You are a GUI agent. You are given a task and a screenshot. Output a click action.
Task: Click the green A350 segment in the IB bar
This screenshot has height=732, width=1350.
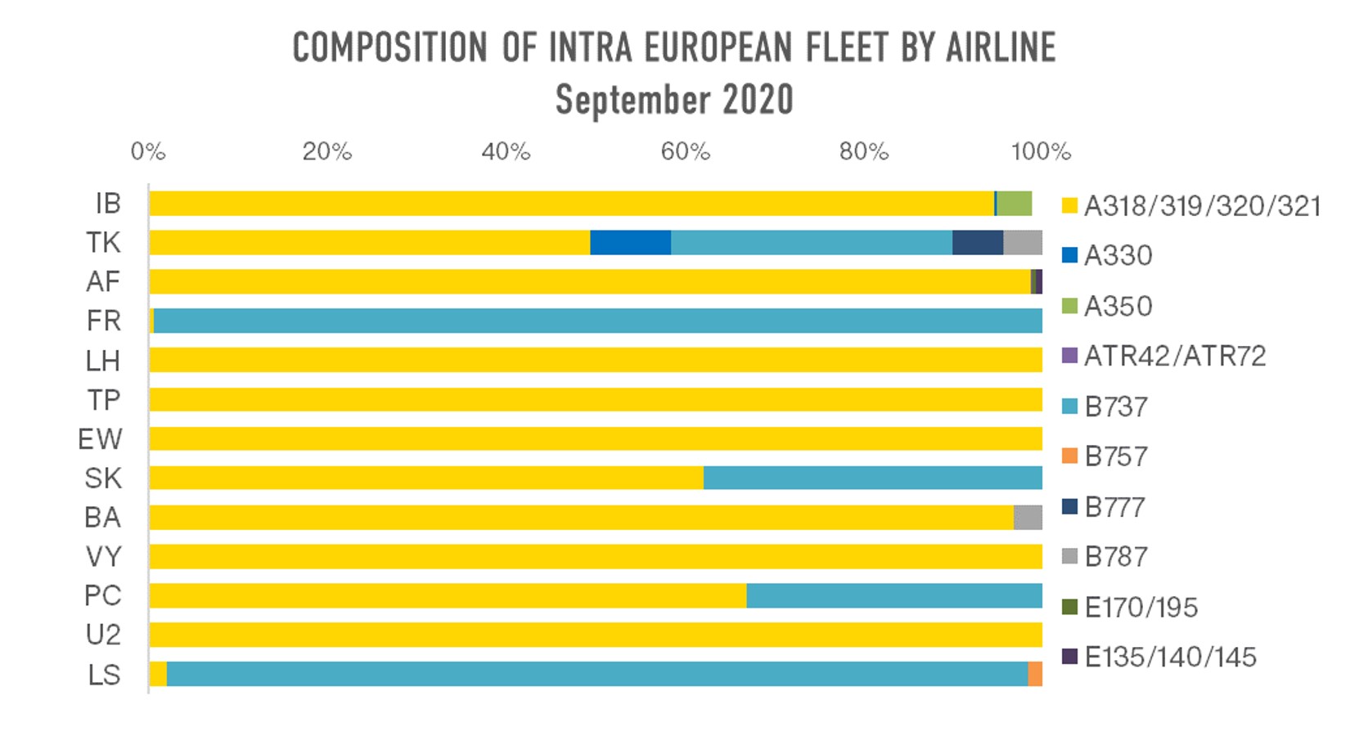pos(1015,204)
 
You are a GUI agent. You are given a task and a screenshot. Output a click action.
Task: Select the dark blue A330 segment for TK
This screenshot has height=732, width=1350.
pos(630,243)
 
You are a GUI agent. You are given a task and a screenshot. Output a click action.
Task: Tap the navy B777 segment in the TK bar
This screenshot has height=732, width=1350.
pos(978,243)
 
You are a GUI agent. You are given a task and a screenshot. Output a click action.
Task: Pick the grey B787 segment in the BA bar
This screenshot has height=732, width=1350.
pos(1028,518)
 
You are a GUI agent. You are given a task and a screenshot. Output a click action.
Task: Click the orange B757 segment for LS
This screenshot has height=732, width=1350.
pos(1035,675)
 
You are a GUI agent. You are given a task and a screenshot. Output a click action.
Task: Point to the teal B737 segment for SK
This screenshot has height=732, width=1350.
pos(872,478)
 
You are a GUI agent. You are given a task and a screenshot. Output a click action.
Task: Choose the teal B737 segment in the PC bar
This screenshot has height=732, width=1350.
pos(893,596)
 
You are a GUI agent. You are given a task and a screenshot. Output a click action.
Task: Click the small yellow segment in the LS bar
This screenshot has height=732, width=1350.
pos(158,675)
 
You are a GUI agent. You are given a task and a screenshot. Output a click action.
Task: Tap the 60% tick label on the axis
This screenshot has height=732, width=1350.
pos(685,152)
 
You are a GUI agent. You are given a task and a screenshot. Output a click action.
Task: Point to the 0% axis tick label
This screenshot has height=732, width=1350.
pos(148,152)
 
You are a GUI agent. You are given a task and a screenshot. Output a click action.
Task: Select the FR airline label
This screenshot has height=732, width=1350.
pos(104,321)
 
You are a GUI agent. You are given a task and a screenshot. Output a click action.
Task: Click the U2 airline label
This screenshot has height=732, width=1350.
pos(103,635)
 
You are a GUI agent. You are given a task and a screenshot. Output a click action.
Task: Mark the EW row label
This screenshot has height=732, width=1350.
pos(100,439)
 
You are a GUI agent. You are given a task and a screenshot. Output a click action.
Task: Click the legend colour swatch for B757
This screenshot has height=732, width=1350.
pos(1069,456)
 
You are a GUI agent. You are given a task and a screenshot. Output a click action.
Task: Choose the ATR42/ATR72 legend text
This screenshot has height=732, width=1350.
pos(1175,357)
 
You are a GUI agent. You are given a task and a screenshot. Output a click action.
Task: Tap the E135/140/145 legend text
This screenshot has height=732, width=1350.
pos(1170,658)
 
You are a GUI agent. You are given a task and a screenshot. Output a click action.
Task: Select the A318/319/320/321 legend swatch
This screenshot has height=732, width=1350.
pos(1069,206)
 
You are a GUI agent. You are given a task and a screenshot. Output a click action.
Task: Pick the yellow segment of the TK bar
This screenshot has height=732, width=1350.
pos(369,243)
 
